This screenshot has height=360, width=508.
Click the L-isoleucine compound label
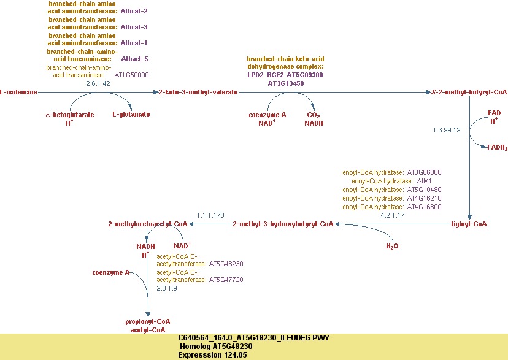(x=19, y=92)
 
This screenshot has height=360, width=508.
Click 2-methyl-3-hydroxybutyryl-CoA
(x=283, y=224)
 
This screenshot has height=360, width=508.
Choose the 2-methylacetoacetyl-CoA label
(x=148, y=224)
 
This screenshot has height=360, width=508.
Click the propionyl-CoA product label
(x=148, y=321)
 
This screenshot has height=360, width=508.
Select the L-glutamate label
(x=131, y=114)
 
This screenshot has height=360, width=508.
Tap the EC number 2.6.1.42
(x=98, y=83)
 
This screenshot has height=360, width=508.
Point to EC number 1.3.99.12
(x=447, y=130)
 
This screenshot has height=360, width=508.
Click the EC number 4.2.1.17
(x=393, y=215)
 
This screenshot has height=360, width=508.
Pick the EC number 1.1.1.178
(x=210, y=215)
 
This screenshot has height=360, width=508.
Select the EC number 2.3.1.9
(x=167, y=288)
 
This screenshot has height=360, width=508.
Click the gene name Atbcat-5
(x=134, y=59)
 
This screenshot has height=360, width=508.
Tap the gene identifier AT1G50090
(x=132, y=75)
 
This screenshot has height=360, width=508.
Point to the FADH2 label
(x=497, y=148)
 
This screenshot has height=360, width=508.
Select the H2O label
(x=392, y=247)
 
